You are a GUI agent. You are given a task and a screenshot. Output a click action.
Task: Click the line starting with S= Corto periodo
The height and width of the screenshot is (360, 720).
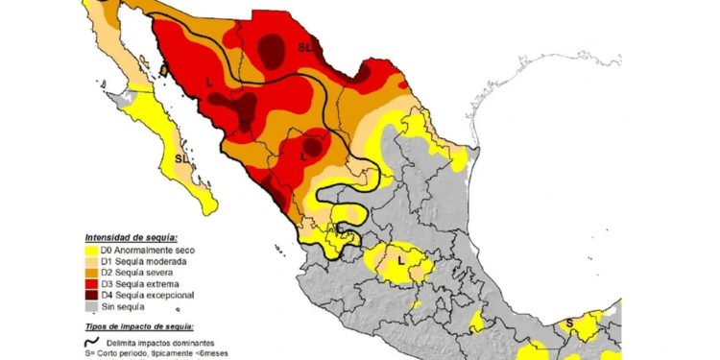point(157,354)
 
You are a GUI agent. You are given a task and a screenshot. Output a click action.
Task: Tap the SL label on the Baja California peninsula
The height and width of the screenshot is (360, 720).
point(182,158)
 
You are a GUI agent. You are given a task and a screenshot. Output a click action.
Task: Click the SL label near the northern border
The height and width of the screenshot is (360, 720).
point(304,46)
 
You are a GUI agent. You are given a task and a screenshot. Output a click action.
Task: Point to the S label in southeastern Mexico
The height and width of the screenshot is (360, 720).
point(568,323)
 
